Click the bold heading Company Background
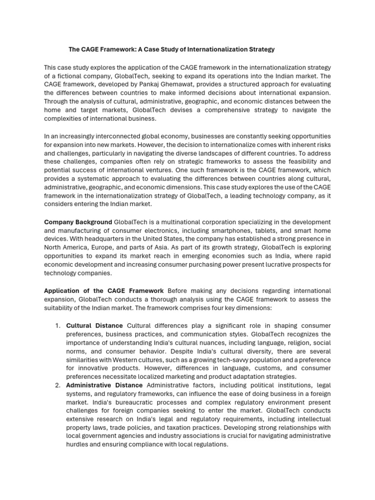(78, 222)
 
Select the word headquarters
(118, 239)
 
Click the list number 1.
(57, 326)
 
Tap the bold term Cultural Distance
(95, 326)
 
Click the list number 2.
(57, 386)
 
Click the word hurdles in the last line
(80, 445)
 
